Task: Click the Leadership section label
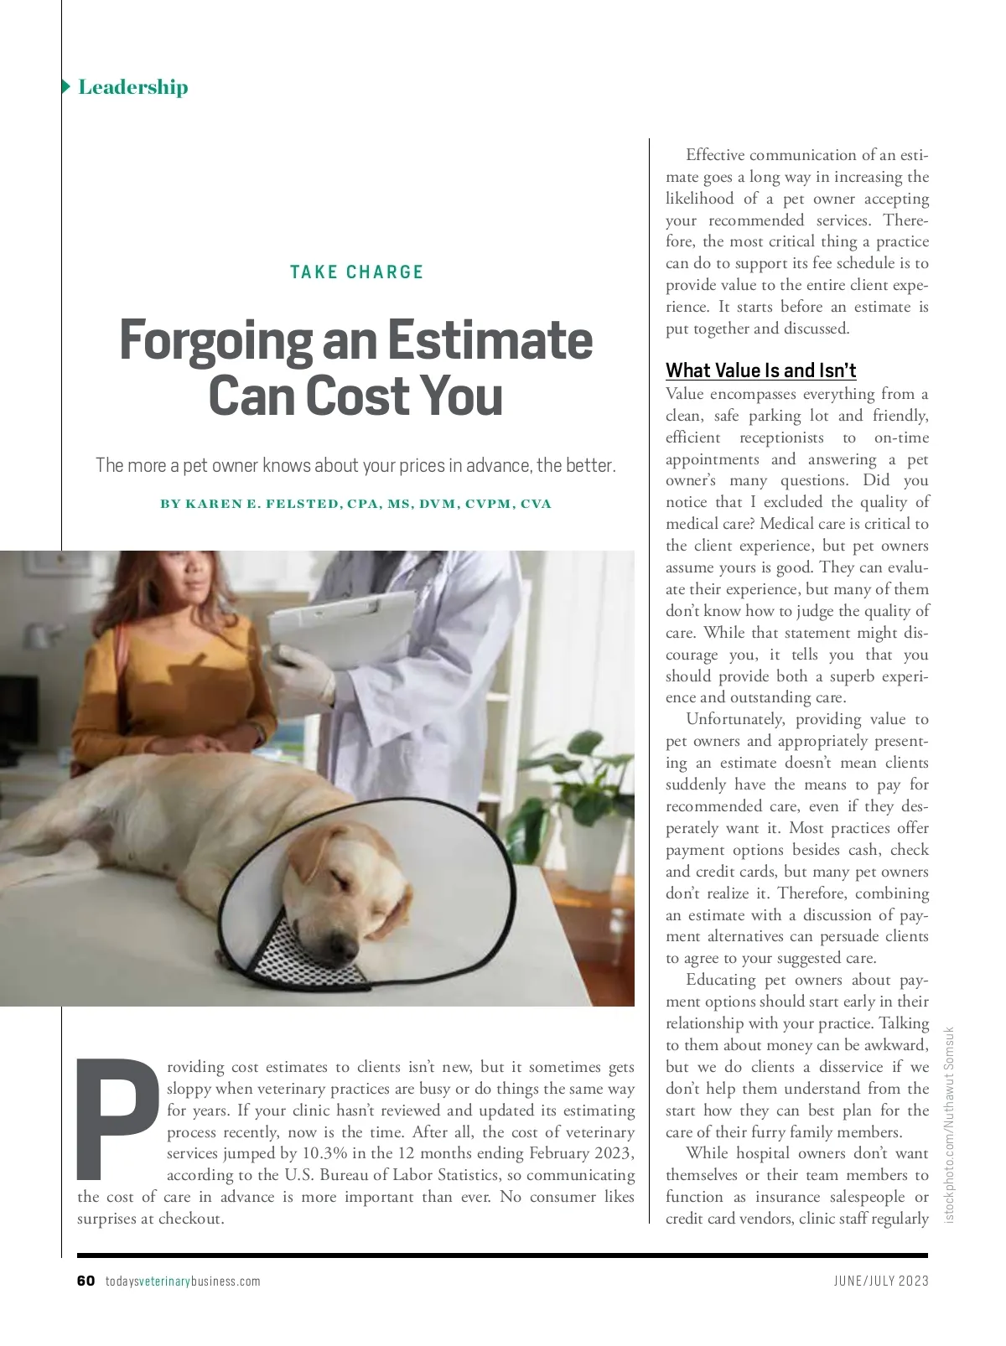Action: (x=132, y=87)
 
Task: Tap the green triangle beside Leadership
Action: (x=66, y=86)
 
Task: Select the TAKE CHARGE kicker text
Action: (x=357, y=272)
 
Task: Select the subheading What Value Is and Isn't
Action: (x=760, y=370)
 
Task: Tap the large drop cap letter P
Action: (x=117, y=1118)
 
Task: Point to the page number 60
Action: (x=86, y=1281)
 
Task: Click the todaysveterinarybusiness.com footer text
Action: (x=183, y=1281)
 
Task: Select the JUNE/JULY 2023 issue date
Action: (x=881, y=1281)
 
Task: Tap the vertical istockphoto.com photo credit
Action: (x=950, y=1123)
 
